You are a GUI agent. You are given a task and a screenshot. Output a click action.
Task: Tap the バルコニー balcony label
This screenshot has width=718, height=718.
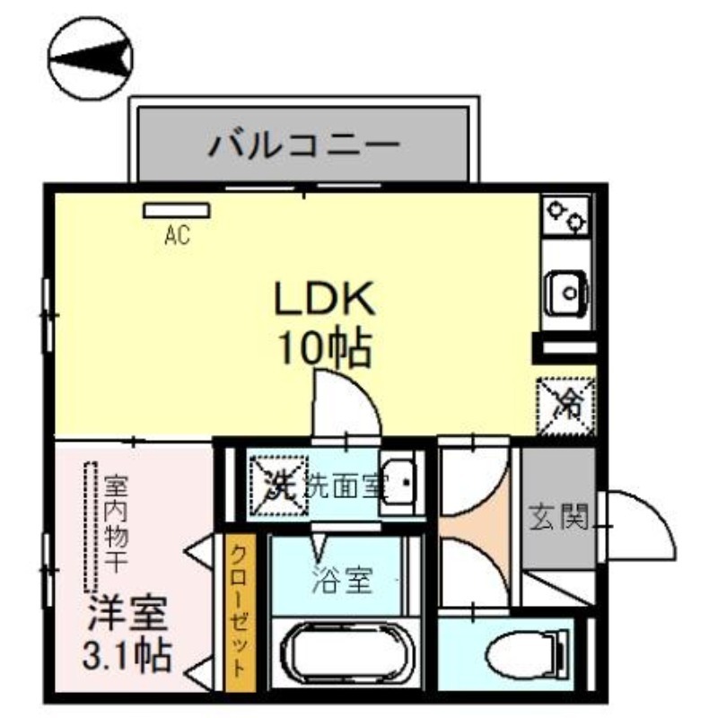[303, 144]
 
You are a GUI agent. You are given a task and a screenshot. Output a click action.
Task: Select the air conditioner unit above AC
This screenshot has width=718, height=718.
[177, 210]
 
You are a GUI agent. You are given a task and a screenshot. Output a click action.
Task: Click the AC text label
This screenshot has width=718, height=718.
[177, 236]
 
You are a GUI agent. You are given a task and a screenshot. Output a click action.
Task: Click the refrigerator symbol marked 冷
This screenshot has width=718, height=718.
[566, 401]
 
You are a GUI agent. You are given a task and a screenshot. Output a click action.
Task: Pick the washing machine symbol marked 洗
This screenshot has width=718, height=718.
[275, 485]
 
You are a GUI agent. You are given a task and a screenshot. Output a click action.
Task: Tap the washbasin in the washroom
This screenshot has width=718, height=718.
[400, 486]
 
